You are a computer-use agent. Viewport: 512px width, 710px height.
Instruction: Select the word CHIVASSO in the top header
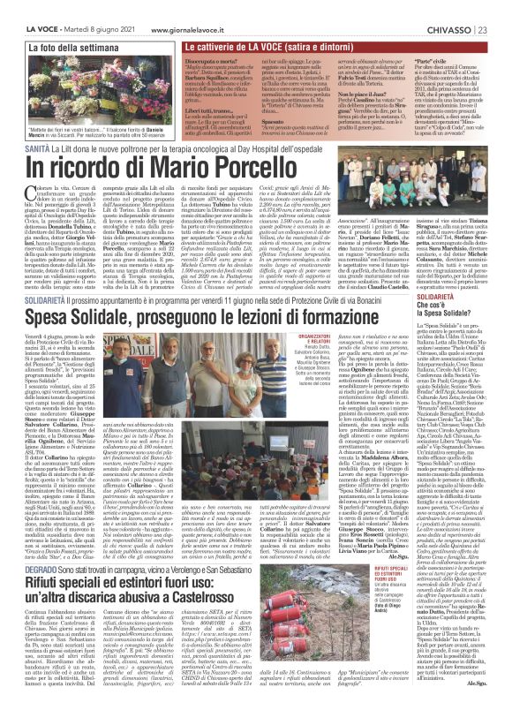470,8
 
